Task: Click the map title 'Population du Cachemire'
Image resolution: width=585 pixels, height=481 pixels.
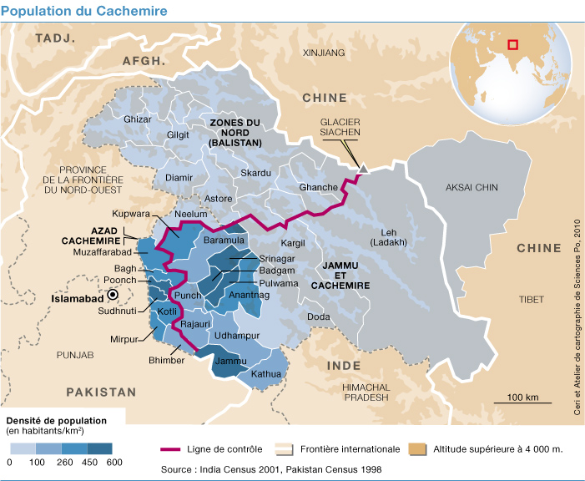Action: [83, 11]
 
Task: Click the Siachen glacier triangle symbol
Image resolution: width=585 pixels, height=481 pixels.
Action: [363, 169]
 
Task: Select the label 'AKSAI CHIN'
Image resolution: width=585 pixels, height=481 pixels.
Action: [472, 188]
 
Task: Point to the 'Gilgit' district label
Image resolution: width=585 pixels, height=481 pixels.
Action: [179, 134]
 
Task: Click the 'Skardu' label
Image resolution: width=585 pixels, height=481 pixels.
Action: [255, 173]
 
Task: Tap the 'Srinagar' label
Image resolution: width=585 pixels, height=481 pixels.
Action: [277, 259]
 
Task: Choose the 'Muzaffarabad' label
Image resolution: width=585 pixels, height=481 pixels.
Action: [103, 251]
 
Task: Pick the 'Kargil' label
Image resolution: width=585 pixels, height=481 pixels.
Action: [294, 243]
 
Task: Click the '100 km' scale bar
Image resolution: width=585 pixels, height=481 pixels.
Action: [522, 402]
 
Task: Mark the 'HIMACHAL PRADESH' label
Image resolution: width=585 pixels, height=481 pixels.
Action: [366, 392]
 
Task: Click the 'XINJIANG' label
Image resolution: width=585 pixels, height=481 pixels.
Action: [323, 53]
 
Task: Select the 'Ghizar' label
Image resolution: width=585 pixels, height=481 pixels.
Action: [137, 119]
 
